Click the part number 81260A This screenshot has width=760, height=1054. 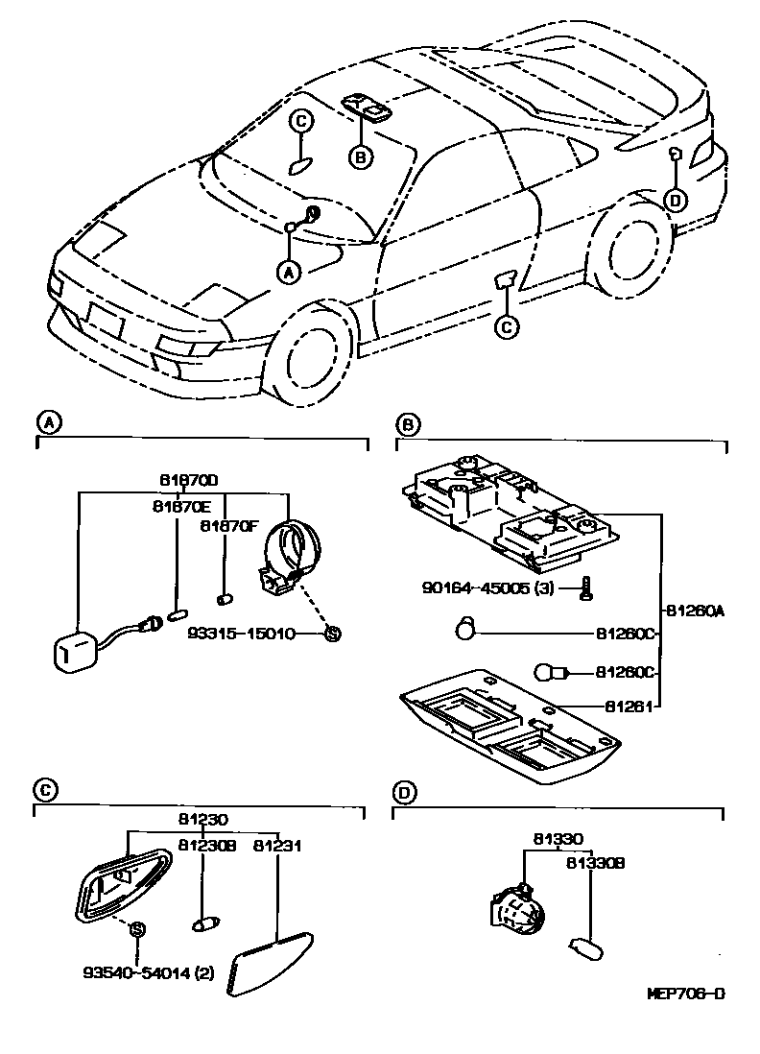(x=692, y=609)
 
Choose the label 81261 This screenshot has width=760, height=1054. (x=629, y=707)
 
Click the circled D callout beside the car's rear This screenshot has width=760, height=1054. (x=676, y=199)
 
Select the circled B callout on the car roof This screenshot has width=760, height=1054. (x=359, y=156)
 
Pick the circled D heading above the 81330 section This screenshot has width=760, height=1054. (x=405, y=793)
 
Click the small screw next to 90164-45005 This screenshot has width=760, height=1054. (x=586, y=588)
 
